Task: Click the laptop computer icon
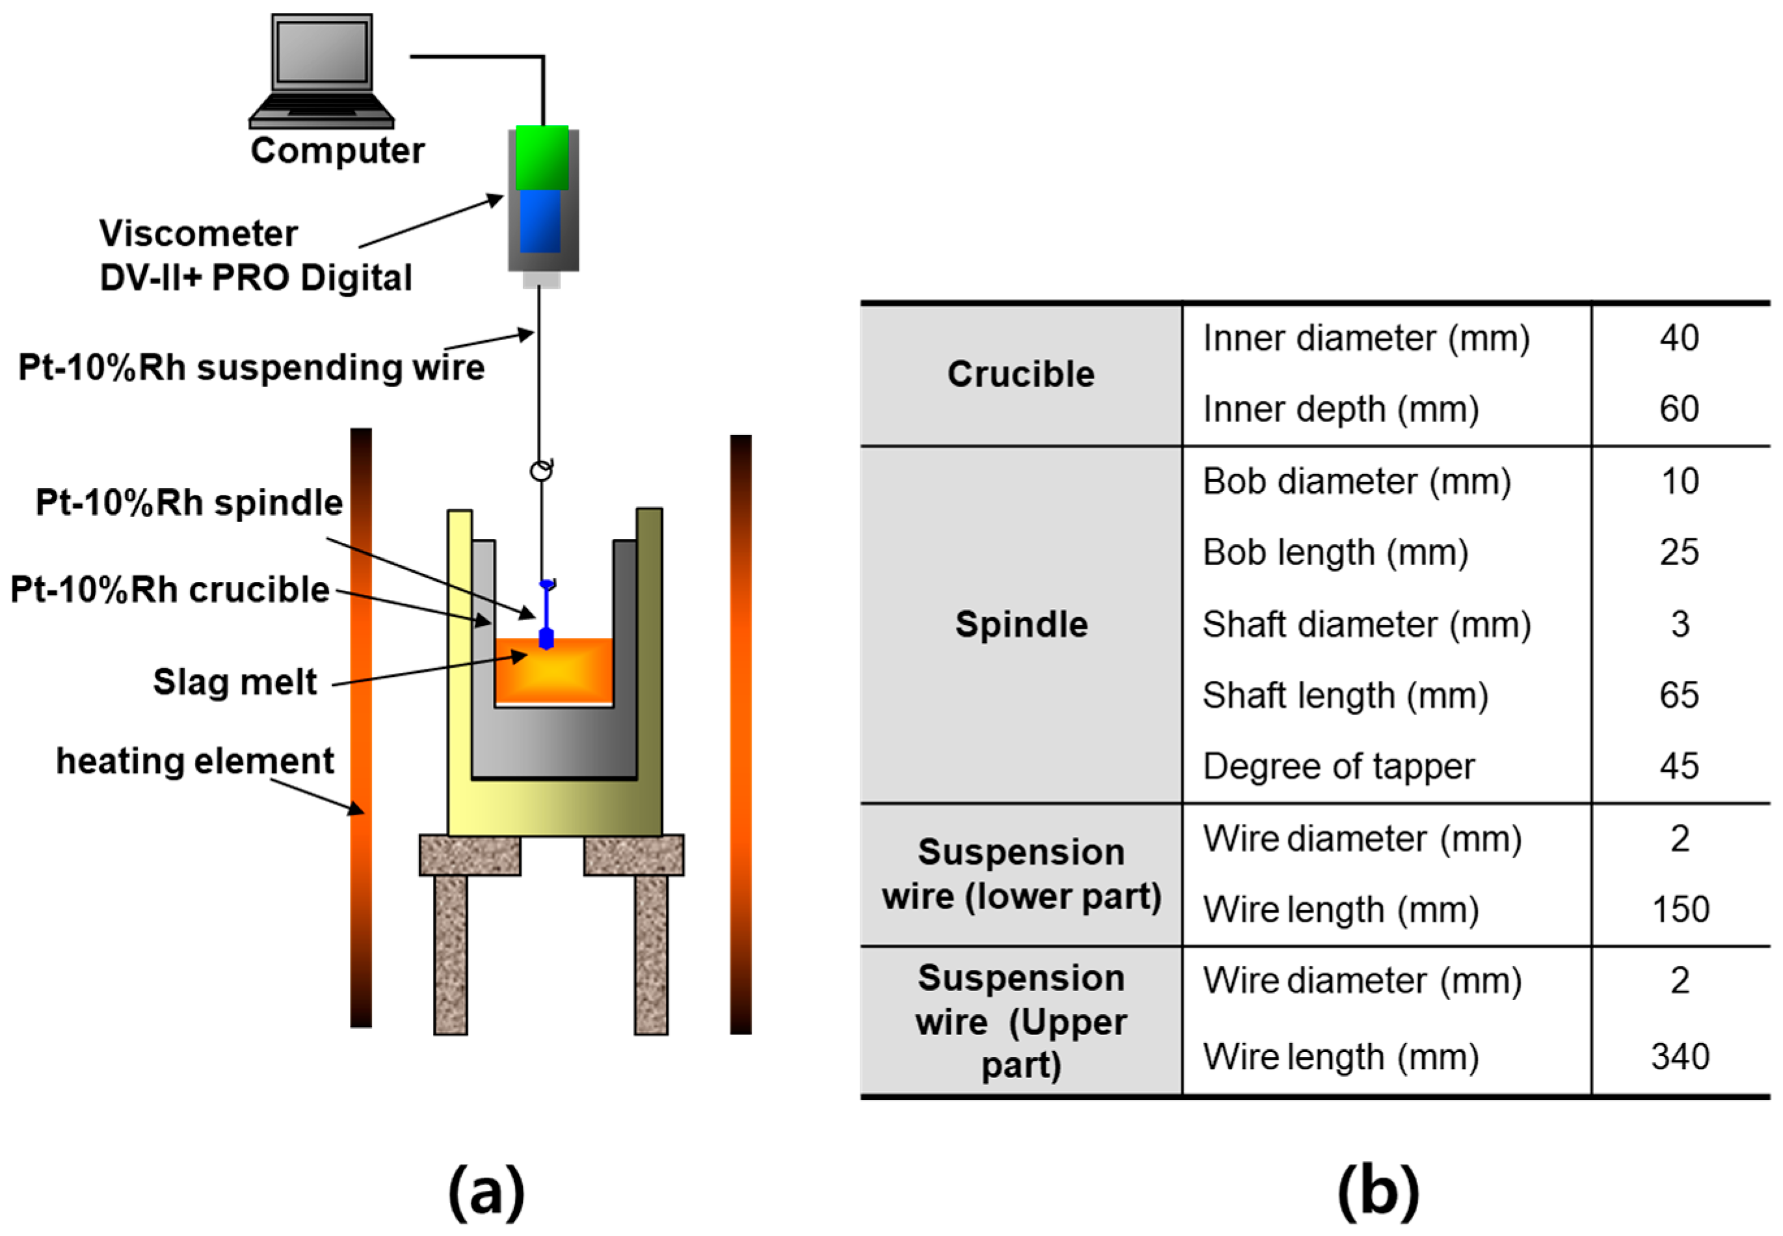click(x=321, y=72)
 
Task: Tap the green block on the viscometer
click(x=542, y=158)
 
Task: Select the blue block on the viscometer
click(x=540, y=222)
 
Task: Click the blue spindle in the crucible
click(x=546, y=616)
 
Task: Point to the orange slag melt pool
click(x=554, y=670)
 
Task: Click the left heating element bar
click(x=361, y=728)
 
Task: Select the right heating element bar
click(x=741, y=734)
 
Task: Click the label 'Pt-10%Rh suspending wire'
click(x=251, y=367)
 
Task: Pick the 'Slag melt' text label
click(x=235, y=682)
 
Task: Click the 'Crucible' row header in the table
click(x=1021, y=375)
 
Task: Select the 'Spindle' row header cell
click(x=1021, y=624)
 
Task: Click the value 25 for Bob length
click(x=1679, y=553)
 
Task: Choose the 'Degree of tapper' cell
click(x=1338, y=767)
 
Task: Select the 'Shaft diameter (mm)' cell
click(x=1366, y=624)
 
